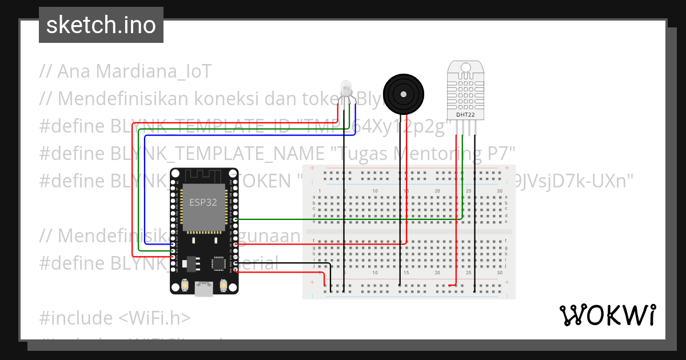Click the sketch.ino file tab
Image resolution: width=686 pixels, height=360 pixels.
point(101,25)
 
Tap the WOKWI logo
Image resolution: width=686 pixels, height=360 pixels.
point(607,315)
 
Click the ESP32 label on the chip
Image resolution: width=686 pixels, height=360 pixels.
point(203,202)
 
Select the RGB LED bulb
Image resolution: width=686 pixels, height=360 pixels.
point(346,89)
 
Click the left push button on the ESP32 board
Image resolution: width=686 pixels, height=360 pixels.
point(185,285)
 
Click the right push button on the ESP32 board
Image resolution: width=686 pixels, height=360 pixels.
point(224,285)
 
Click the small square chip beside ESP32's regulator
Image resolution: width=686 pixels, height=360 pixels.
point(219,263)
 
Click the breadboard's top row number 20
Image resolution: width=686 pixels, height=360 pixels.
point(437,191)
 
